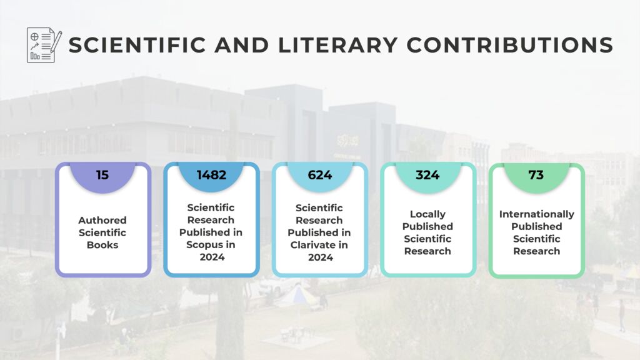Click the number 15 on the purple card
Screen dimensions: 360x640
tap(102, 175)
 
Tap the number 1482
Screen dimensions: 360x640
tap(211, 175)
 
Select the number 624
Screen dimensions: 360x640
tap(319, 175)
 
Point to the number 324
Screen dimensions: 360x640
tap(427, 175)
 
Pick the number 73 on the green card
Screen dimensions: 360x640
tap(536, 175)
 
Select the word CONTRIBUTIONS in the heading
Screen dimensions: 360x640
tap(510, 45)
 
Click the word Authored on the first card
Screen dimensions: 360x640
tap(102, 220)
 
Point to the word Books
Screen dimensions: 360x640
tap(102, 245)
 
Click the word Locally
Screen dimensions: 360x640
tap(428, 214)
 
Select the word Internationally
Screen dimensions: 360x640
tap(536, 214)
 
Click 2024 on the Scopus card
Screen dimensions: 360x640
tap(211, 257)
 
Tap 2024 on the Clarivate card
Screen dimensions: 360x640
tap(319, 257)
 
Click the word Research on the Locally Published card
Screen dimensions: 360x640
tap(428, 251)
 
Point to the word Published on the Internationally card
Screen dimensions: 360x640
tap(536, 226)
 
